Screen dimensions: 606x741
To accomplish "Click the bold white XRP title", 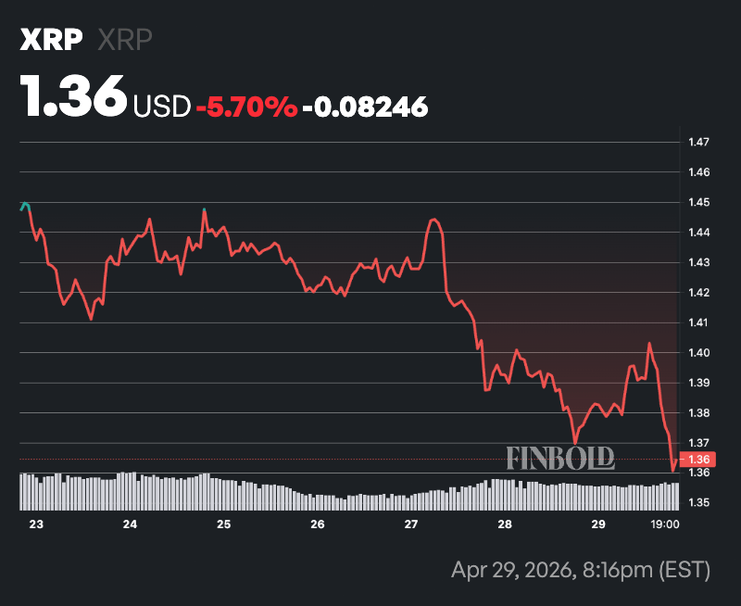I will coord(51,41).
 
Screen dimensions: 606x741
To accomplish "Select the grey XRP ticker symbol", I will coord(124,41).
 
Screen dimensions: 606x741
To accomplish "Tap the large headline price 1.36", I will coord(74,96).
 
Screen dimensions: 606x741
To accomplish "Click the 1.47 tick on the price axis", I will coord(698,142).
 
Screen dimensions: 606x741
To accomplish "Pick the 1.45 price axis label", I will coord(698,202).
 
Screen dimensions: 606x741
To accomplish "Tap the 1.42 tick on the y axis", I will coord(698,293).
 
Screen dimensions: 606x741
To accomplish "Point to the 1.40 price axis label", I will coord(698,353).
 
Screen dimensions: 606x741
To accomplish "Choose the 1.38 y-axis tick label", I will coord(698,413).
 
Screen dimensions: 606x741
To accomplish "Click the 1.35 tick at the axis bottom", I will coord(698,503).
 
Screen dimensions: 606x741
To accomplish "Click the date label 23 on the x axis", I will coord(36,524).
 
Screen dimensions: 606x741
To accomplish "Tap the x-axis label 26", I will coord(318,524).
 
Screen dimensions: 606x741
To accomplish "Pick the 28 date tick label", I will coord(505,524).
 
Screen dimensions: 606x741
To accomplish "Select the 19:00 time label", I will coord(666,524).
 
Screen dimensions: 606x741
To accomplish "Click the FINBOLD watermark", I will coord(560,457).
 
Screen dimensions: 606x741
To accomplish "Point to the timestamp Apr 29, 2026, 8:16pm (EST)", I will coord(580,569).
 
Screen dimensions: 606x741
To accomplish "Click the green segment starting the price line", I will coord(25,206).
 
